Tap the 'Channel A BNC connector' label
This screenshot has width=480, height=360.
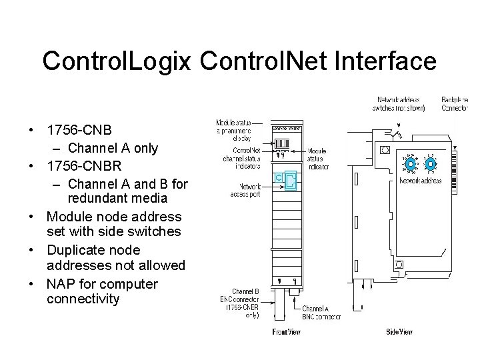click(x=320, y=313)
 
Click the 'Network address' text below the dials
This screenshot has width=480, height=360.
click(x=421, y=181)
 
